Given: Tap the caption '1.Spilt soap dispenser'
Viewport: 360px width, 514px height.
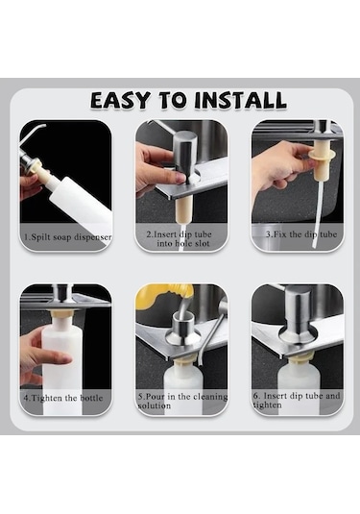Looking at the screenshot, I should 65,236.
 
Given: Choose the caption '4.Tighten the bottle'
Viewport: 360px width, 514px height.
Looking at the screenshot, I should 63,396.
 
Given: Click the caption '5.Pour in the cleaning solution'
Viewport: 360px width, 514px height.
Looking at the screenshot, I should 180,400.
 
